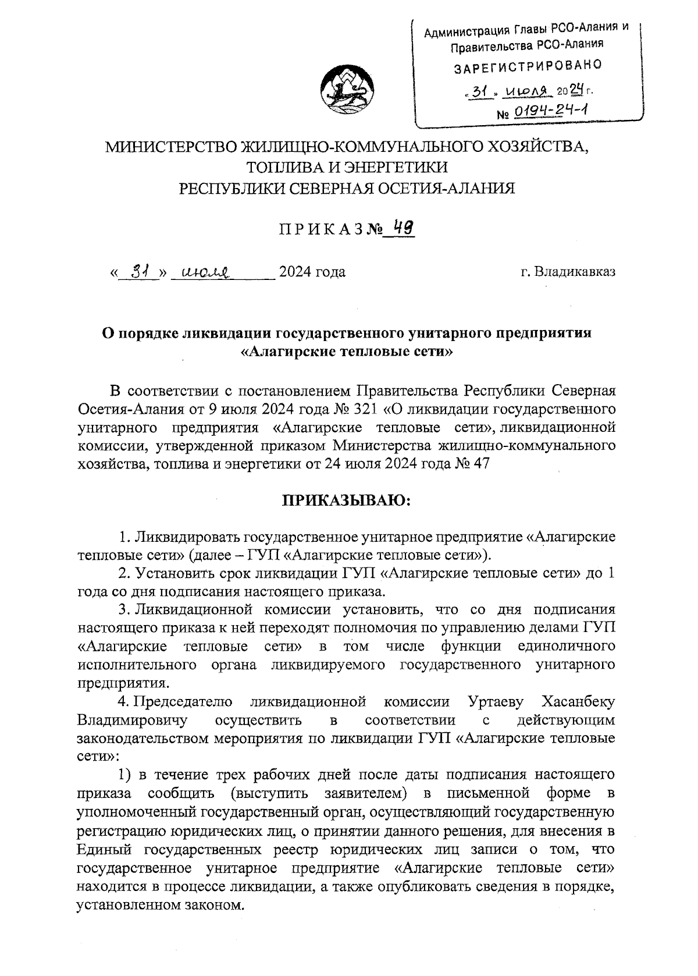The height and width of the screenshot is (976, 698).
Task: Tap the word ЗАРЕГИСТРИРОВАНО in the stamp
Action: click(x=527, y=66)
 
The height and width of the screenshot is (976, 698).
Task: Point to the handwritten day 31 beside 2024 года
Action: click(x=138, y=271)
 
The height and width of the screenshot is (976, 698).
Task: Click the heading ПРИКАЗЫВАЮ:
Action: click(x=347, y=500)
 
